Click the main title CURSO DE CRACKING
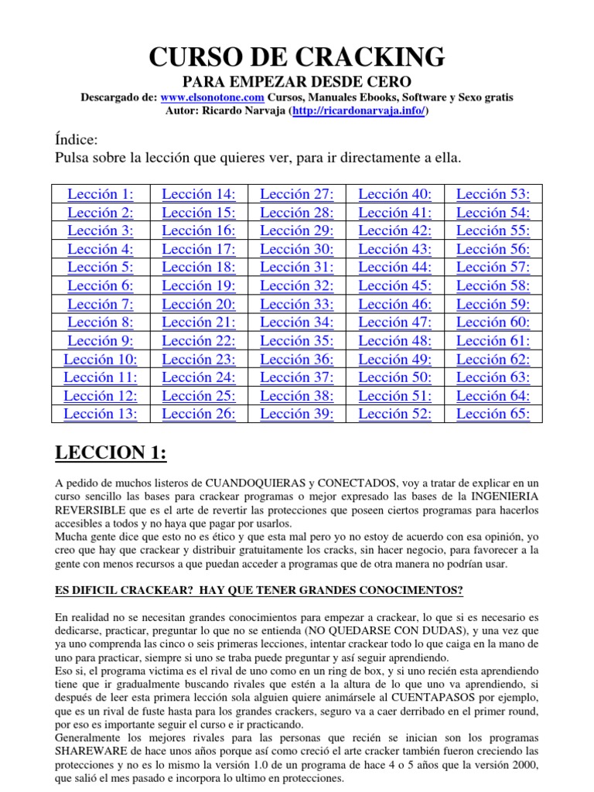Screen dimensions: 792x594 tap(296, 56)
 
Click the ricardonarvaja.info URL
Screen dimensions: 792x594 tap(358, 111)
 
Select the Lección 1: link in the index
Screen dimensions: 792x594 tap(101, 194)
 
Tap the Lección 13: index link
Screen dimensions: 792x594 tap(101, 414)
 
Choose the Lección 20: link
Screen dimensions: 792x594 tap(199, 304)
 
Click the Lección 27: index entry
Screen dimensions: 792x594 tap(297, 194)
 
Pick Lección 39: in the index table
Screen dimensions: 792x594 tap(297, 414)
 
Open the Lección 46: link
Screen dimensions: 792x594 tap(395, 304)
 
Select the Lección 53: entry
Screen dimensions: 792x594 tap(493, 194)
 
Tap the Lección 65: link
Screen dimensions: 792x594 tap(493, 414)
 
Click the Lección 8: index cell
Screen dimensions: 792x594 tap(101, 323)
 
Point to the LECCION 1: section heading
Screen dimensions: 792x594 tap(111, 452)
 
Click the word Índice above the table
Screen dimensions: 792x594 tap(77, 140)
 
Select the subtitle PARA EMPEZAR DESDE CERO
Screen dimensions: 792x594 tap(296, 81)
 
